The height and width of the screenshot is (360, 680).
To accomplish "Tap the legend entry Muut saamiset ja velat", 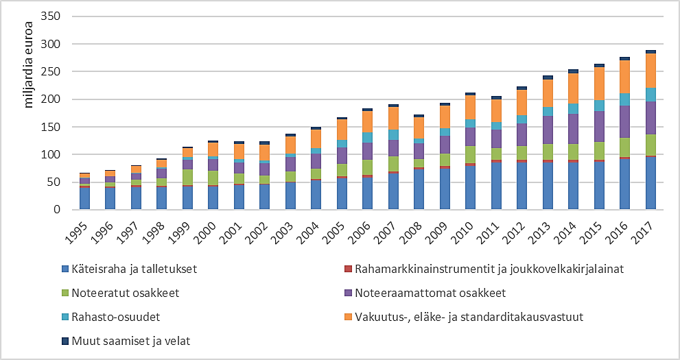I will tap(128, 339).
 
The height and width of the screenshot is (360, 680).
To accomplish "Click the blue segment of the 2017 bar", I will tap(650, 183).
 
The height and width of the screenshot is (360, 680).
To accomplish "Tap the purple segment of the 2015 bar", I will tap(599, 126).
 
